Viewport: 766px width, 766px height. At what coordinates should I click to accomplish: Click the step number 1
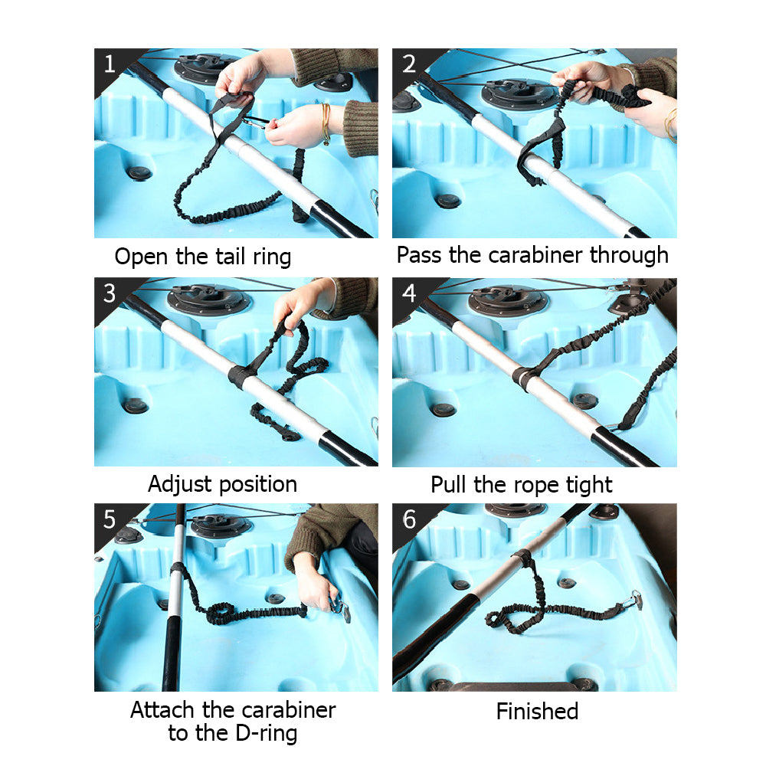coord(110,64)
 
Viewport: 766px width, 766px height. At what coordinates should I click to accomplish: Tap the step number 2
coord(409,64)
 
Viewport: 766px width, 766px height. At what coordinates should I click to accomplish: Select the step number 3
coord(110,293)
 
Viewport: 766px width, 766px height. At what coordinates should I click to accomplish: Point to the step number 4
coord(409,293)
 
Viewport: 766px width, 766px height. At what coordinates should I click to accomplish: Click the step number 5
coord(110,519)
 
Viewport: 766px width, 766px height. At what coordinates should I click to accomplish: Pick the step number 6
coord(409,519)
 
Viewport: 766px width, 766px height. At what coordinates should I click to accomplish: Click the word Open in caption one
coord(142,257)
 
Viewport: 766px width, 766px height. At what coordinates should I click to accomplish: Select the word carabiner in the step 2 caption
coord(535,255)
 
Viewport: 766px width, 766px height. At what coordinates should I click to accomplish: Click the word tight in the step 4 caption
coord(589,485)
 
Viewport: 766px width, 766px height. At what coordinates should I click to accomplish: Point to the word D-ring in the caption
coord(267,733)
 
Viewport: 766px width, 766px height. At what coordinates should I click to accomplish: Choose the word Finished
coord(538,712)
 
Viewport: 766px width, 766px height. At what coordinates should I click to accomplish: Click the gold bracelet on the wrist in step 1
coord(326,123)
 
